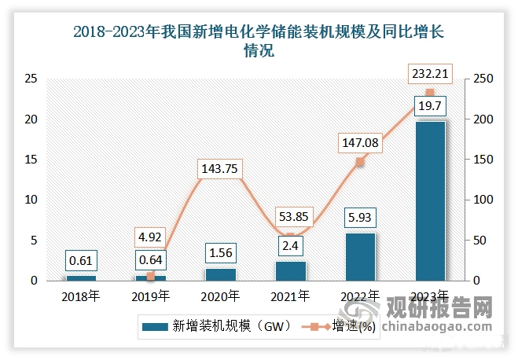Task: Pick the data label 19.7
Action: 430,106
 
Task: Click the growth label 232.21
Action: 430,75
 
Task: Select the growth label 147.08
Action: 360,142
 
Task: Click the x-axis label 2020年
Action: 221,296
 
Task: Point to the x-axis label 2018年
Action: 82,296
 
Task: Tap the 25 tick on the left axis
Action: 31,79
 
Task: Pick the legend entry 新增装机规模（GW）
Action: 216,325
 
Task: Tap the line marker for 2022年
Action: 360,162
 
